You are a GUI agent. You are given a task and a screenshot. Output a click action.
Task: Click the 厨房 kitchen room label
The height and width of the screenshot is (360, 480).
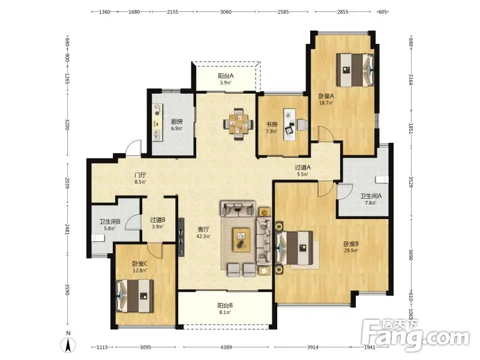click(177, 122)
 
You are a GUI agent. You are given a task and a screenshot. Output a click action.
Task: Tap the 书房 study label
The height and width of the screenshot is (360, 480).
click(272, 124)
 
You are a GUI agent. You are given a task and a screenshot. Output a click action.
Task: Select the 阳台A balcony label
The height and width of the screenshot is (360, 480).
click(226, 76)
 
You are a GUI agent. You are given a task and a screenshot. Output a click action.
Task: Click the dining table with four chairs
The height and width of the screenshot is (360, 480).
click(238, 124)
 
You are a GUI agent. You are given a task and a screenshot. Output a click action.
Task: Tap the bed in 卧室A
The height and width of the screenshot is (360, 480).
click(355, 70)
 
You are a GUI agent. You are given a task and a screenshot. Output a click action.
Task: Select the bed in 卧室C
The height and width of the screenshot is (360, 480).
click(134, 296)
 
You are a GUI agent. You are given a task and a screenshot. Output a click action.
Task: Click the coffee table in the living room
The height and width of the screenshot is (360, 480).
click(242, 239)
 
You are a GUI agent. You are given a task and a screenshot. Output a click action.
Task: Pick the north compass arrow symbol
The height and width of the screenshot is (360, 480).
click(68, 345)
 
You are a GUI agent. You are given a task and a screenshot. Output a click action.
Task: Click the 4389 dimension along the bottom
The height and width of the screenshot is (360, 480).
click(226, 347)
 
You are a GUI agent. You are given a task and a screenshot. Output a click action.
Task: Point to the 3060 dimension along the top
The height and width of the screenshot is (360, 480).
click(226, 12)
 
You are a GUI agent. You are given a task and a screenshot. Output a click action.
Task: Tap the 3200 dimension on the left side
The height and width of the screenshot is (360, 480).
click(67, 124)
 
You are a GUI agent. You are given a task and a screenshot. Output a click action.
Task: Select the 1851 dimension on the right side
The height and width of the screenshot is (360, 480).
click(411, 128)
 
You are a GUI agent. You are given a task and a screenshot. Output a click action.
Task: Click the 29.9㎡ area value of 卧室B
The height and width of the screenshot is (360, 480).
click(351, 250)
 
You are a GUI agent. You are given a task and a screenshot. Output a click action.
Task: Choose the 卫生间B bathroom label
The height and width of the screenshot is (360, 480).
click(110, 221)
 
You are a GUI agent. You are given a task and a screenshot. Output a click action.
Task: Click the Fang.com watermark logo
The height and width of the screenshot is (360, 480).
click(415, 335)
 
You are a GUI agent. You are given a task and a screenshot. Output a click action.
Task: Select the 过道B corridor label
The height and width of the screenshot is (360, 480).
click(158, 220)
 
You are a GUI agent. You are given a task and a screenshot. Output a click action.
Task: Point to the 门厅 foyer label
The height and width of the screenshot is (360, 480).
click(140, 175)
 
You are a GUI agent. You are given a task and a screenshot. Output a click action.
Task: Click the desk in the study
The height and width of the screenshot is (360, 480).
click(290, 124)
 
